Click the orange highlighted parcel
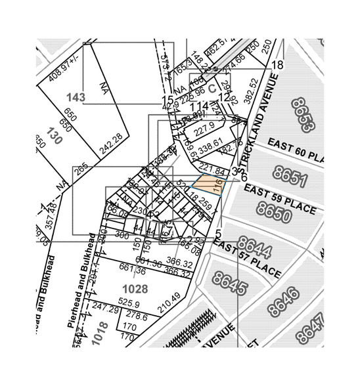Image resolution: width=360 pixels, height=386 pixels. click(x=208, y=185)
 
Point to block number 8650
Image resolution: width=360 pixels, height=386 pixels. click(x=274, y=211)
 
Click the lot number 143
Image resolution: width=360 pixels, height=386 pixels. click(x=76, y=98)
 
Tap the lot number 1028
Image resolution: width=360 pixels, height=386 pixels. click(x=135, y=288)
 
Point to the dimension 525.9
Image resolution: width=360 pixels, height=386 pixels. click(x=129, y=303)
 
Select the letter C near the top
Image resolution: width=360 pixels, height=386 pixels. click(x=212, y=87)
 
